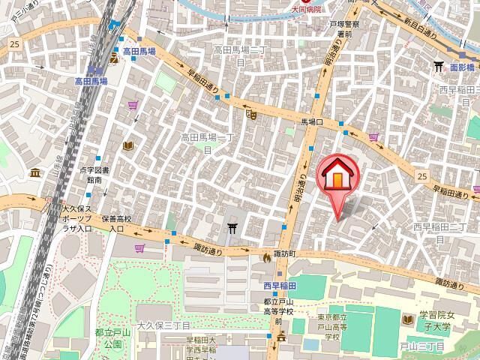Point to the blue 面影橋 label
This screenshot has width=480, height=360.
pos(463,66)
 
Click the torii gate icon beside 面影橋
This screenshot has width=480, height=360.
pos(439,67)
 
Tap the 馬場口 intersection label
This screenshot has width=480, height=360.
pos(311,121)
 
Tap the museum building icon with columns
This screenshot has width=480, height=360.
pos(35,173)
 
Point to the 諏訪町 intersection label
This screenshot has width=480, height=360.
pos(285,254)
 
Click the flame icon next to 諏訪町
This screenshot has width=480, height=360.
pos(266,256)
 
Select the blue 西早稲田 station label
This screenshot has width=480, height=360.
pos(280,285)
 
